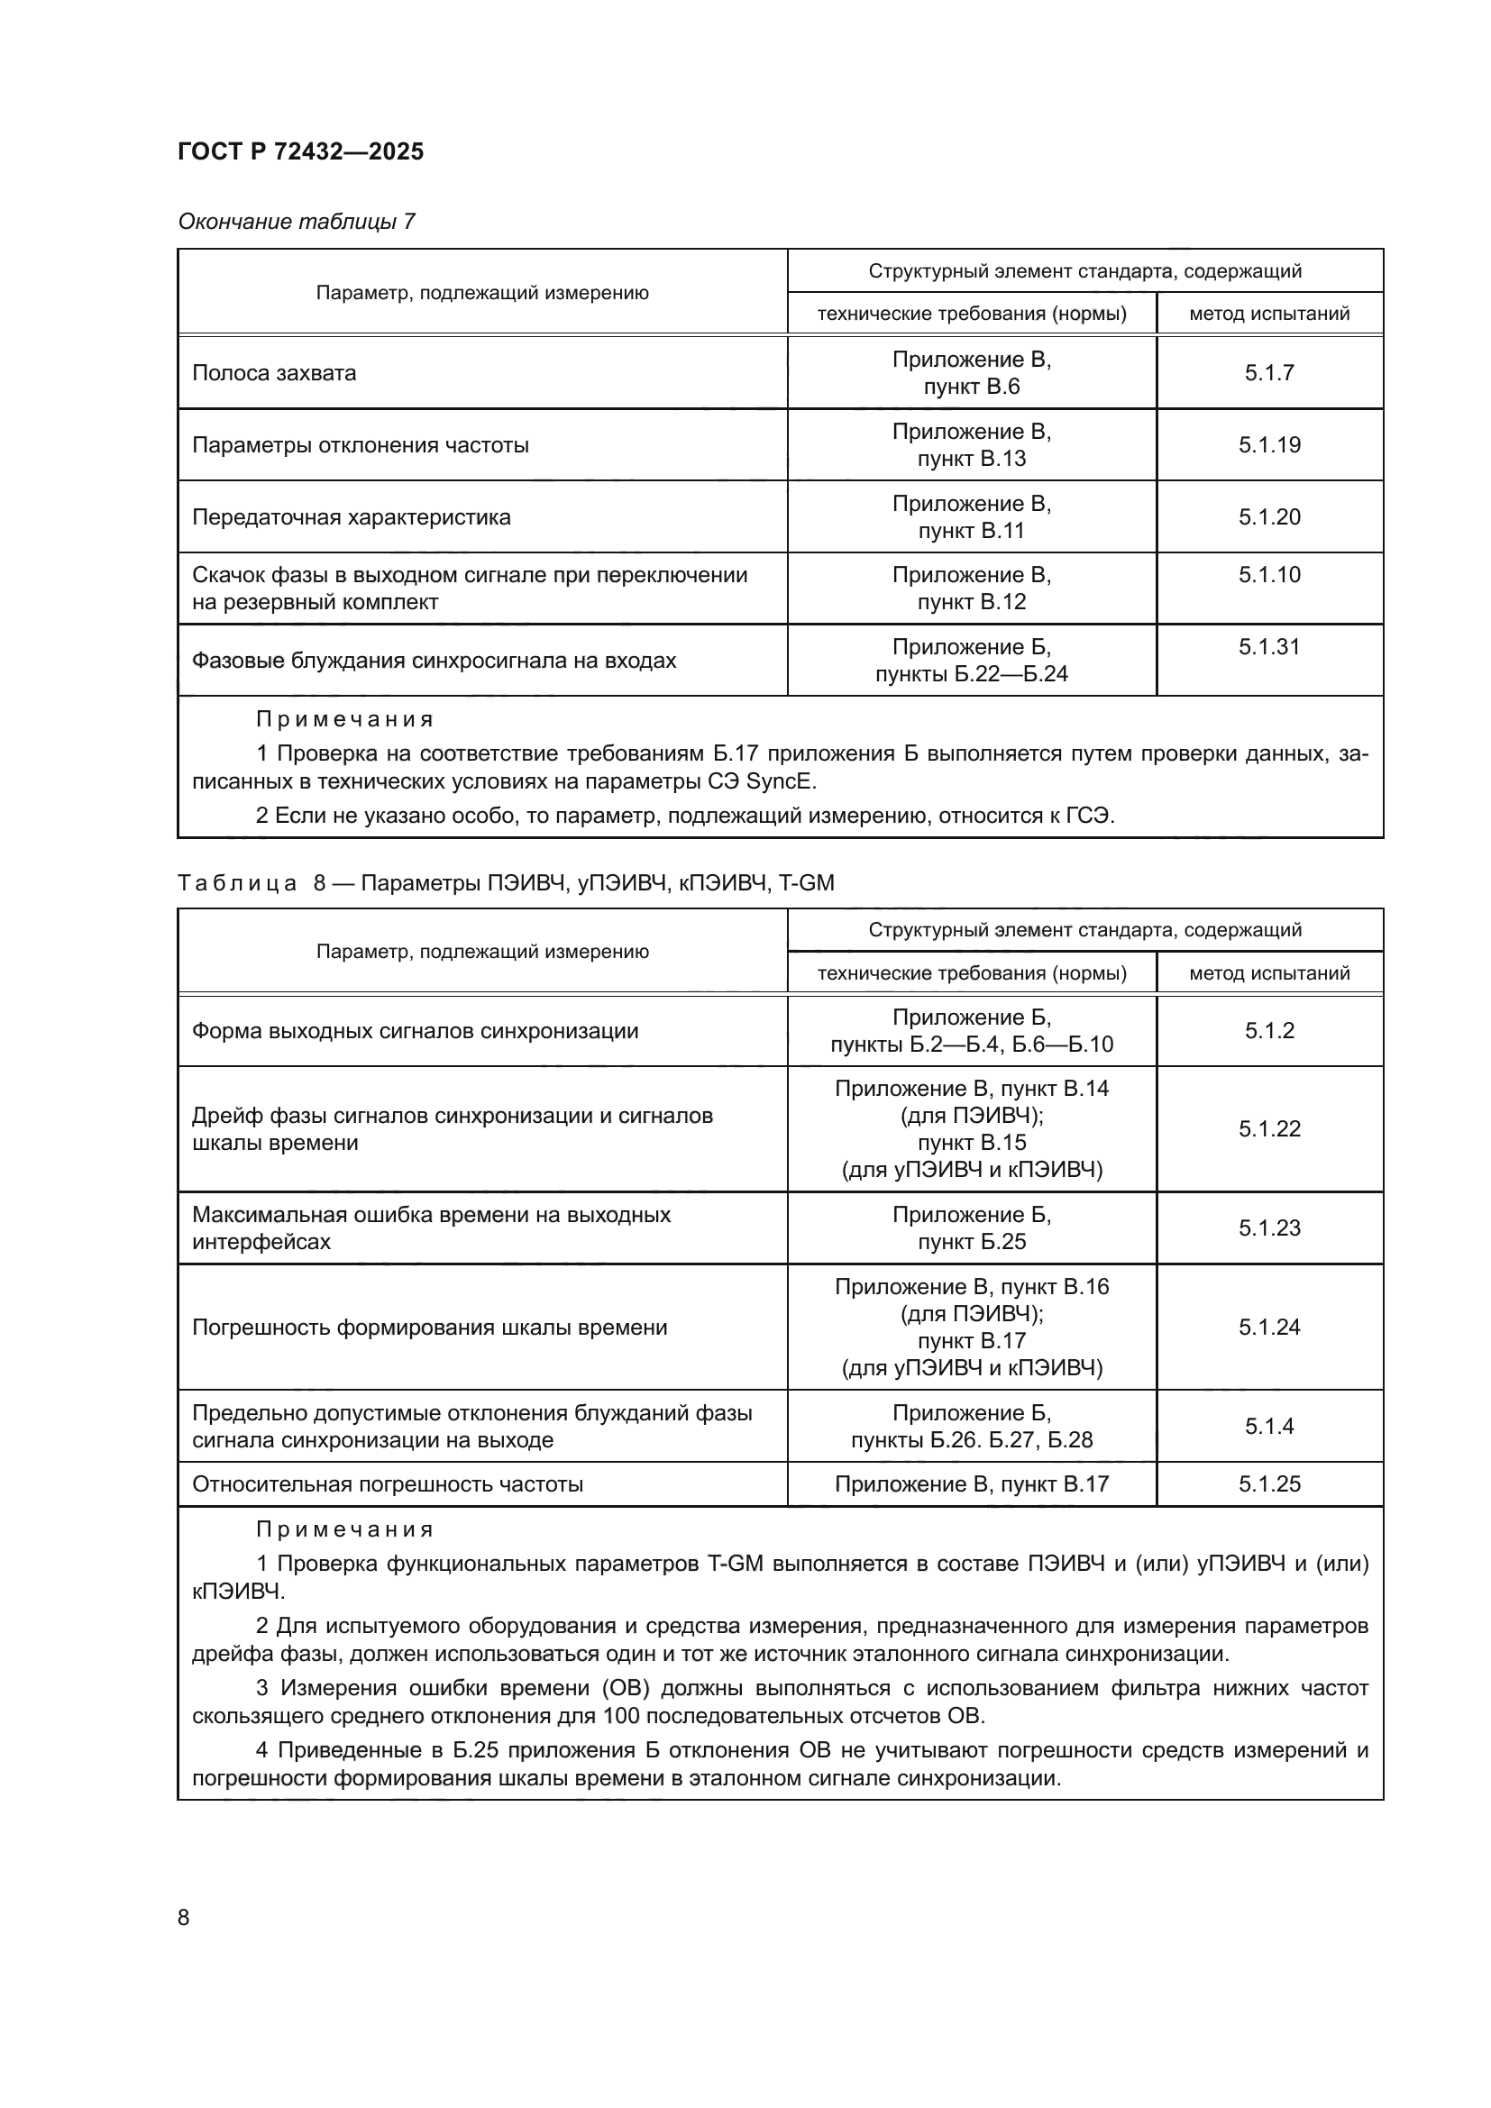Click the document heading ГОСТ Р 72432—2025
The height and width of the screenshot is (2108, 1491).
(x=300, y=151)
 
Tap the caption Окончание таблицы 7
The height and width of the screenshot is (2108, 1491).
(x=296, y=222)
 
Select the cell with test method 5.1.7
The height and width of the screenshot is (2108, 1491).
(x=1269, y=373)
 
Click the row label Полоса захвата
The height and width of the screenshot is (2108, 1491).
(x=274, y=373)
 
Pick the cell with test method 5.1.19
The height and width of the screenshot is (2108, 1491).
(x=1269, y=445)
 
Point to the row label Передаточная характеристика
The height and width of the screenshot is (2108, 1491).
(x=351, y=517)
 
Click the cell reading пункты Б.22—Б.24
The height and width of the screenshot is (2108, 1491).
(x=971, y=674)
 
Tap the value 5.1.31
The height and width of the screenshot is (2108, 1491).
(x=1269, y=646)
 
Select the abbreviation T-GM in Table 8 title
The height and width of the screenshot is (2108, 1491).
(x=806, y=883)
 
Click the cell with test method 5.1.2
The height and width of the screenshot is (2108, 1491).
(x=1269, y=1030)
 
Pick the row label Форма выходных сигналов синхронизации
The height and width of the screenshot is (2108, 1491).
(x=414, y=1030)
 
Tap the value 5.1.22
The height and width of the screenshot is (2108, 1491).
(x=1269, y=1128)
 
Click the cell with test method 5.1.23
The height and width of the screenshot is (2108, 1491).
(x=1269, y=1227)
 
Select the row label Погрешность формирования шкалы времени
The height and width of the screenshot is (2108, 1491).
(x=429, y=1327)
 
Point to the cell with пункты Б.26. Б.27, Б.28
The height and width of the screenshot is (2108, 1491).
(x=971, y=1439)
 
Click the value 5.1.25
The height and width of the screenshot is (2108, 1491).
(x=1269, y=1483)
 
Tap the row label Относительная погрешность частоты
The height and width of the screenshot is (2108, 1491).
(x=387, y=1483)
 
